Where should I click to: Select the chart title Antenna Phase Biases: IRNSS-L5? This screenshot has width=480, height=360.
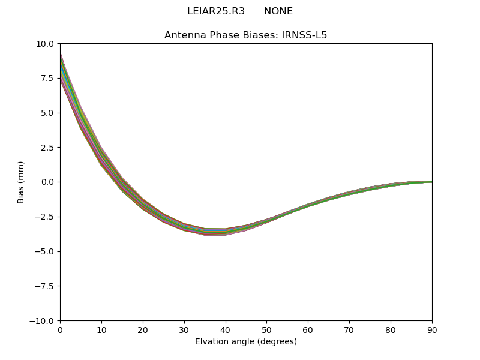click(246, 35)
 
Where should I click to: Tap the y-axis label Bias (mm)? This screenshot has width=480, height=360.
click(21, 182)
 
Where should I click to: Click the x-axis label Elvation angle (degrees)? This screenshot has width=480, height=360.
click(246, 342)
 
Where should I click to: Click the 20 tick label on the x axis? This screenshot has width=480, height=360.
click(143, 330)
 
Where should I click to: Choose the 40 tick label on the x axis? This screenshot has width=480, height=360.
click(226, 330)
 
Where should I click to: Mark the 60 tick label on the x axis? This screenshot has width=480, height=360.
click(308, 330)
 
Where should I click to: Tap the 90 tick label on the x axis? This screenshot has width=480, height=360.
click(432, 330)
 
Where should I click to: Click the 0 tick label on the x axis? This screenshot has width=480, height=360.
click(60, 330)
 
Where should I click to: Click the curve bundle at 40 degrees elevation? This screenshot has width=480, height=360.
click(226, 232)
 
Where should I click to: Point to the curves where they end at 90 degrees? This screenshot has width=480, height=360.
click(431, 182)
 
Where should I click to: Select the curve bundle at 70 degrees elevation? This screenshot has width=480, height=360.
click(349, 193)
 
